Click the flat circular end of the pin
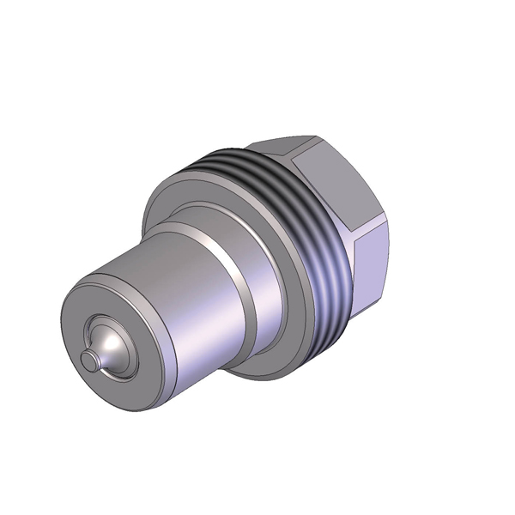[x=87, y=360]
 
